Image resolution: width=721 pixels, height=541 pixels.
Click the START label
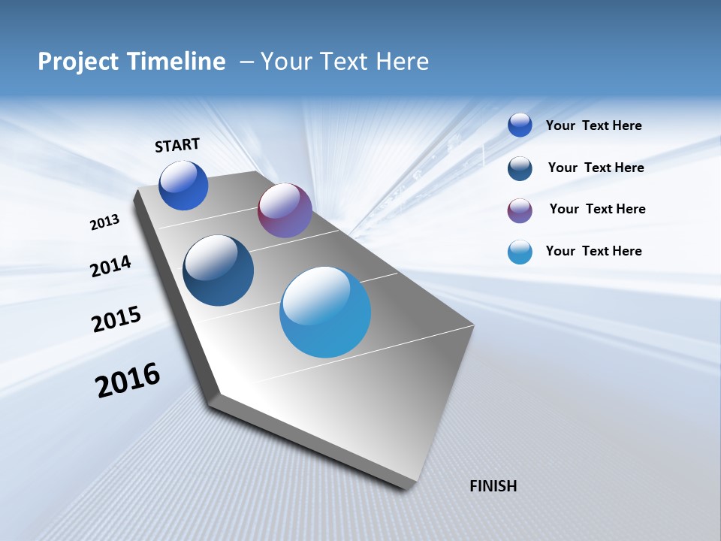[177, 145]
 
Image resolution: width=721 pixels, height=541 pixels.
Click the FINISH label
[493, 486]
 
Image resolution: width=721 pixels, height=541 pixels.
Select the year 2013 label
[104, 222]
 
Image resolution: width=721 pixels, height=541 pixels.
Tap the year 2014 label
[110, 266]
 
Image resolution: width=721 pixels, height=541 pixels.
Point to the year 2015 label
[116, 319]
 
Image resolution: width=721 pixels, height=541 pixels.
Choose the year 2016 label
[128, 379]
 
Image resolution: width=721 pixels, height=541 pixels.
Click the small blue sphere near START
[183, 186]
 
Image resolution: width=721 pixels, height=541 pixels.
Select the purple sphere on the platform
[285, 210]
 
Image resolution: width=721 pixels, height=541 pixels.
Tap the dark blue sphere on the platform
[218, 270]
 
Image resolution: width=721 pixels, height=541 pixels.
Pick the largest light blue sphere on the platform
[325, 312]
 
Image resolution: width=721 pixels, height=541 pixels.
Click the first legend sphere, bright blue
[520, 125]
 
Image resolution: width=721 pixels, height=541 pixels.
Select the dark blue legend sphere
[520, 168]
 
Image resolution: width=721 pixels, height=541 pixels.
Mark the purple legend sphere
[520, 210]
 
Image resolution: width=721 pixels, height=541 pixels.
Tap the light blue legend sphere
[520, 252]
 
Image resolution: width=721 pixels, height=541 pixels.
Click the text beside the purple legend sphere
[597, 209]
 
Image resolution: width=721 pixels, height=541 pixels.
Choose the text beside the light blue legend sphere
[593, 251]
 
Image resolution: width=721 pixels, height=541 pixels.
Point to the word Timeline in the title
[179, 62]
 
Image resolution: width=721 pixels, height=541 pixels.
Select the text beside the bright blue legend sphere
[593, 125]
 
